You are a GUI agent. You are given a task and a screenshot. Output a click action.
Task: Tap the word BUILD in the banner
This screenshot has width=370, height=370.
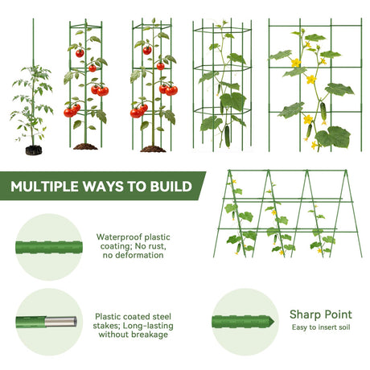[171, 187]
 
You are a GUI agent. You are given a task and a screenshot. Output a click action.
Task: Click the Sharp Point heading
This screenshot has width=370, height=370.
[321, 314]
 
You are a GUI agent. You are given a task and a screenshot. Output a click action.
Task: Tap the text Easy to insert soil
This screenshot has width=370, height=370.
[321, 327]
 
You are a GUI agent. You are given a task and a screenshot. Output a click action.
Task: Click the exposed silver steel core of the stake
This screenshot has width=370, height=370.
[60, 322]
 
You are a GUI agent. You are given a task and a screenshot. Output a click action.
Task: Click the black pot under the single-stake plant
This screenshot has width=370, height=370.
[34, 150]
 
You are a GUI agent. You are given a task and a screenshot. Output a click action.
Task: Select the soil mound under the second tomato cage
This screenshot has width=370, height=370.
[85, 146]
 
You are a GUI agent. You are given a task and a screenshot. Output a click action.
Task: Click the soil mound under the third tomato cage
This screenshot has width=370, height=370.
[153, 149]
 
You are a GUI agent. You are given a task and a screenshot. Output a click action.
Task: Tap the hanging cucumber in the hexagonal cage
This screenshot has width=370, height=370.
[228, 136]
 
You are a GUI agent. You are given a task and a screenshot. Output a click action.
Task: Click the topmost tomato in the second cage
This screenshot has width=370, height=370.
[80, 53]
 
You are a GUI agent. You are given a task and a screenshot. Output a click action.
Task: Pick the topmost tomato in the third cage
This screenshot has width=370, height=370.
[147, 51]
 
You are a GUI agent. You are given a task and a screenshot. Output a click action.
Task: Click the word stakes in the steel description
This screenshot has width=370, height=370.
[106, 326]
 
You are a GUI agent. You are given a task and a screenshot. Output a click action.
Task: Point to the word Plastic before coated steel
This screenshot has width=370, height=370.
[108, 316]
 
